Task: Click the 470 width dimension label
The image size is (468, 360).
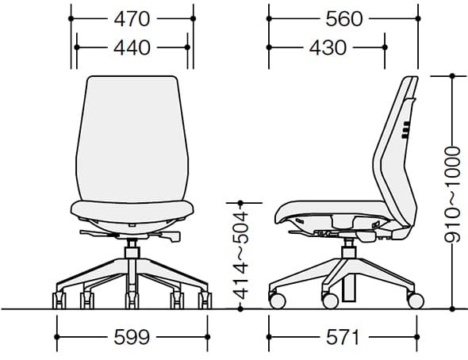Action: [132, 19]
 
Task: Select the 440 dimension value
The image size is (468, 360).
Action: [132, 48]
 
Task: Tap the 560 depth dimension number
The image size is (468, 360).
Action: [343, 19]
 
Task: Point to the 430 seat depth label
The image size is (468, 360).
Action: [328, 48]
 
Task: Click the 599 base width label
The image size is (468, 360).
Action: [132, 337]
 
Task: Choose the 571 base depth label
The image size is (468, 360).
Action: [343, 337]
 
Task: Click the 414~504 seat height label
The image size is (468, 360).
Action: [240, 255]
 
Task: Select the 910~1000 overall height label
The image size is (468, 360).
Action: [452, 193]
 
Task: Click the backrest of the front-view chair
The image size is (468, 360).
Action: [132, 139]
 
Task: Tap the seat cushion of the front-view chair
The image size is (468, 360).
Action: [132, 211]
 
